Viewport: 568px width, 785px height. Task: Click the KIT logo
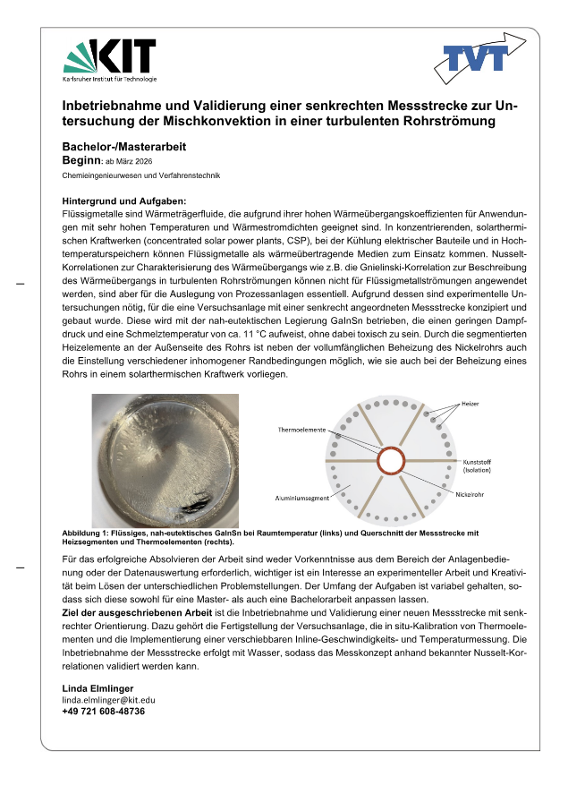pyautogui.click(x=109, y=60)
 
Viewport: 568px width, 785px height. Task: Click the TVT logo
pyautogui.click(x=479, y=59)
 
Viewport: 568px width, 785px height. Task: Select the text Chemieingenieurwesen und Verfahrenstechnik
pyautogui.click(x=140, y=176)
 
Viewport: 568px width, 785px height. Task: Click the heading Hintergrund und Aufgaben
pyautogui.click(x=123, y=201)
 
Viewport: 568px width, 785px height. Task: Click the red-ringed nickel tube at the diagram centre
pyautogui.click(x=391, y=461)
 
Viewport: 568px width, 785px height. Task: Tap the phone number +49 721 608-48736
pyautogui.click(x=103, y=711)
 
